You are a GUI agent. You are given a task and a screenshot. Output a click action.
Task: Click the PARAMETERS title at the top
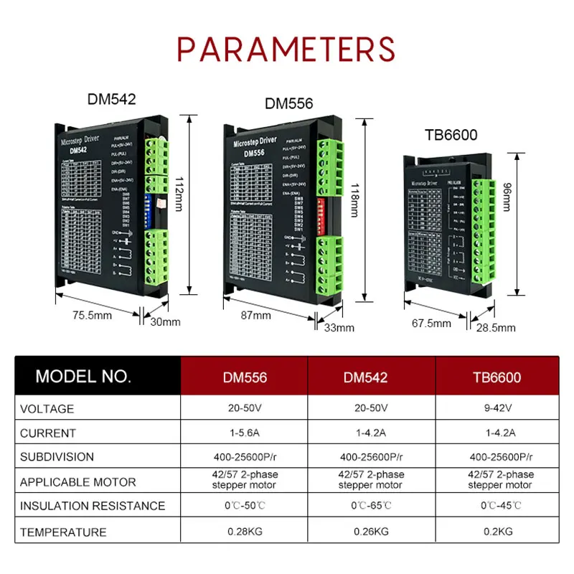click(286, 49)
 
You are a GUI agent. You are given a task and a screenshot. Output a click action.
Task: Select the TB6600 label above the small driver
click(450, 135)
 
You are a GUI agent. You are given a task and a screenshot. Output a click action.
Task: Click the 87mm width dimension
click(256, 315)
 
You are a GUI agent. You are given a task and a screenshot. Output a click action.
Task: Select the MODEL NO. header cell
click(83, 376)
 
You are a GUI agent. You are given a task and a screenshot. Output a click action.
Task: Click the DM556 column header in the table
click(244, 376)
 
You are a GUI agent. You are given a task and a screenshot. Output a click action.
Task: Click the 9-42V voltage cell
click(497, 408)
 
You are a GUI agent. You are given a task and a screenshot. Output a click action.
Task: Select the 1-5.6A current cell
click(244, 433)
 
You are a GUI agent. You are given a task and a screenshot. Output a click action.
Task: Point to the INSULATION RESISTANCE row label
click(92, 506)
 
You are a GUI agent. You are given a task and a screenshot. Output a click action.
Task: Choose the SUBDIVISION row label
click(57, 456)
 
